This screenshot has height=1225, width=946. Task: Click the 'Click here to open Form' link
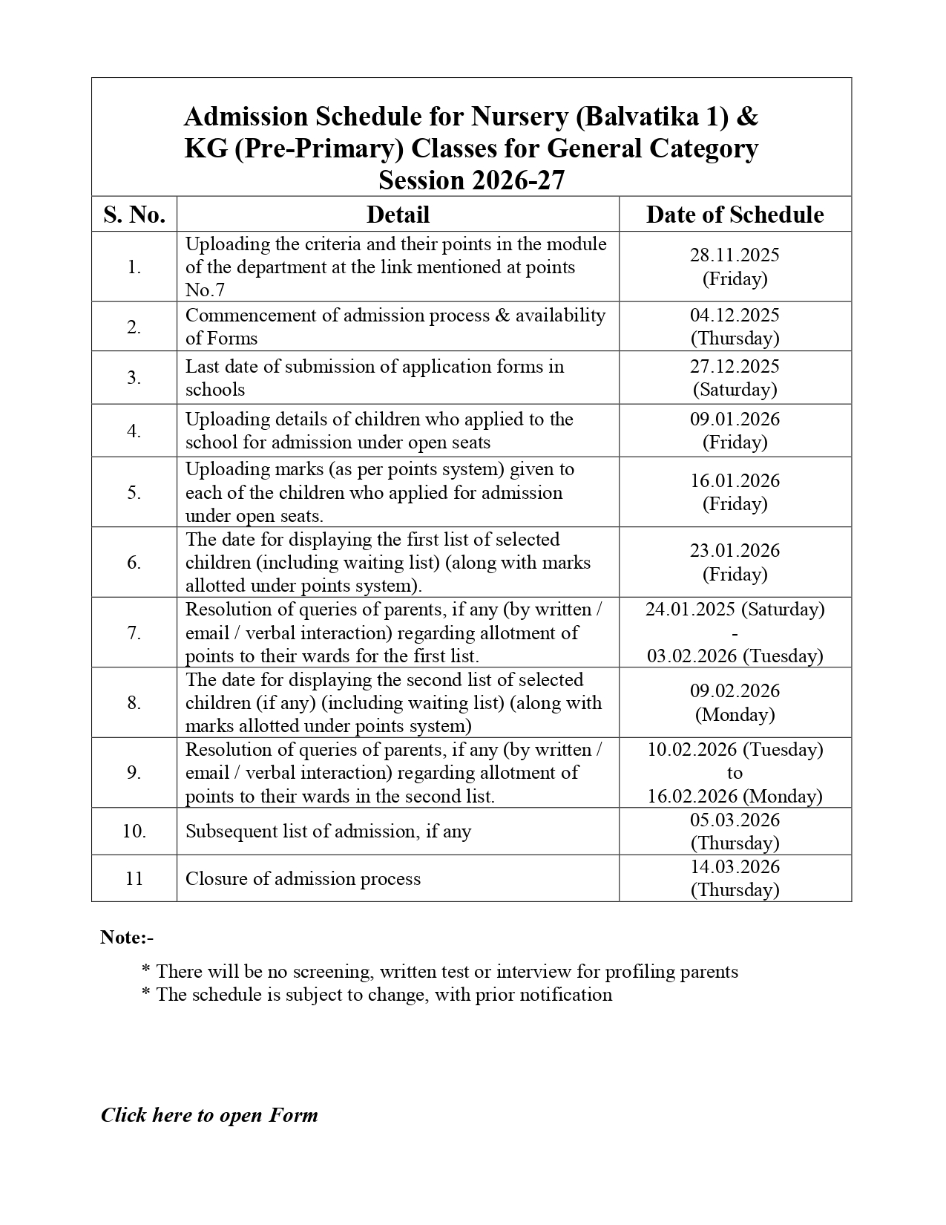209,1115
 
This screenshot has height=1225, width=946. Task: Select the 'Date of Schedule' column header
735,215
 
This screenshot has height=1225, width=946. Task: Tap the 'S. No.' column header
134,215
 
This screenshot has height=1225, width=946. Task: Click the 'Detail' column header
398,215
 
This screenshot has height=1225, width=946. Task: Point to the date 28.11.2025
735,255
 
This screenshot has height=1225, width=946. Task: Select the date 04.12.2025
735,316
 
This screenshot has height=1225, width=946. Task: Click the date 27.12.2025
735,367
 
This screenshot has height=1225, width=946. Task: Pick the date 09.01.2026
735,419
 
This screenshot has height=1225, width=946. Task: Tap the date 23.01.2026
735,551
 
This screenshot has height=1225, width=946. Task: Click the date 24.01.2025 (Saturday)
735,610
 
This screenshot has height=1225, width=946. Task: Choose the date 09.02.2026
735,691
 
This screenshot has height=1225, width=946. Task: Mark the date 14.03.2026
735,867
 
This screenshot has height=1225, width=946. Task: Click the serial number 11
134,879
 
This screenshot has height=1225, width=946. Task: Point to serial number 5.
134,493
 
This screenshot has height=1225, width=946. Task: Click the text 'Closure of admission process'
303,879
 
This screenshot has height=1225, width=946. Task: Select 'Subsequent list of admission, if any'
328,832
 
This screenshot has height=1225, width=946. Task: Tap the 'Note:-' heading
127,938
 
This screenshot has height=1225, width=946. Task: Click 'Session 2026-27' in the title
471,180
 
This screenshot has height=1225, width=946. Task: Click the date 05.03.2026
735,820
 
